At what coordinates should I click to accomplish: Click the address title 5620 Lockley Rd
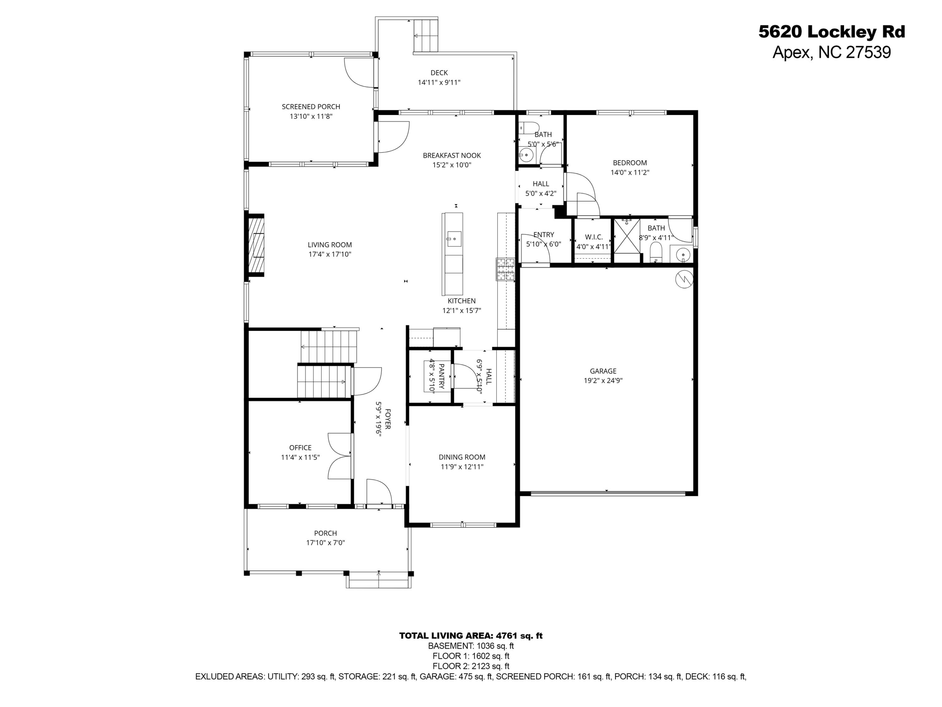tap(832, 32)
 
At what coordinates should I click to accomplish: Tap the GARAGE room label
tap(603, 371)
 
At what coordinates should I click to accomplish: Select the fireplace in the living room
tap(256, 245)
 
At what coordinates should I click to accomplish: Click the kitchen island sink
tap(454, 239)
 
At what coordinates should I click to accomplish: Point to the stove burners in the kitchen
tap(505, 269)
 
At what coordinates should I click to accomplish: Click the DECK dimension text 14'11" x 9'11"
tap(439, 82)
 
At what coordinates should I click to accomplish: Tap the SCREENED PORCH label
tap(311, 107)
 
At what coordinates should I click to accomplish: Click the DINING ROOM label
tap(462, 457)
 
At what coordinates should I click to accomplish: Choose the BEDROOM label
tap(630, 163)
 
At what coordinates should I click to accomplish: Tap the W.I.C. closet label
tap(593, 237)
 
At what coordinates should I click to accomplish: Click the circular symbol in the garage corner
tap(684, 279)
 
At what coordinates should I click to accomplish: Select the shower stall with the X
tap(627, 236)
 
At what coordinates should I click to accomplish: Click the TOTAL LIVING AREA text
tap(471, 636)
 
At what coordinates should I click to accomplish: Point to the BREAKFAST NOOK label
tap(452, 156)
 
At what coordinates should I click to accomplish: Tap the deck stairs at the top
tap(426, 35)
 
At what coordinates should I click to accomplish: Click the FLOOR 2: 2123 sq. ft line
tap(471, 666)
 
